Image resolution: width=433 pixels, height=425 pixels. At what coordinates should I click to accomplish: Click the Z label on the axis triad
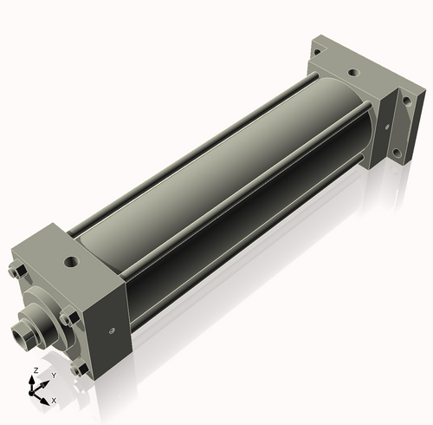(x=34, y=370)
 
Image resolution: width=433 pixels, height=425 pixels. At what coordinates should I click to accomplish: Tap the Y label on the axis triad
(x=53, y=376)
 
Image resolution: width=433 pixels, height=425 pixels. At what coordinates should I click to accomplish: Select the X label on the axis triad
(x=54, y=401)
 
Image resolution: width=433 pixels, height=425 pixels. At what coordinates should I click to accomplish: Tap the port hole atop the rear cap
(x=352, y=74)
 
